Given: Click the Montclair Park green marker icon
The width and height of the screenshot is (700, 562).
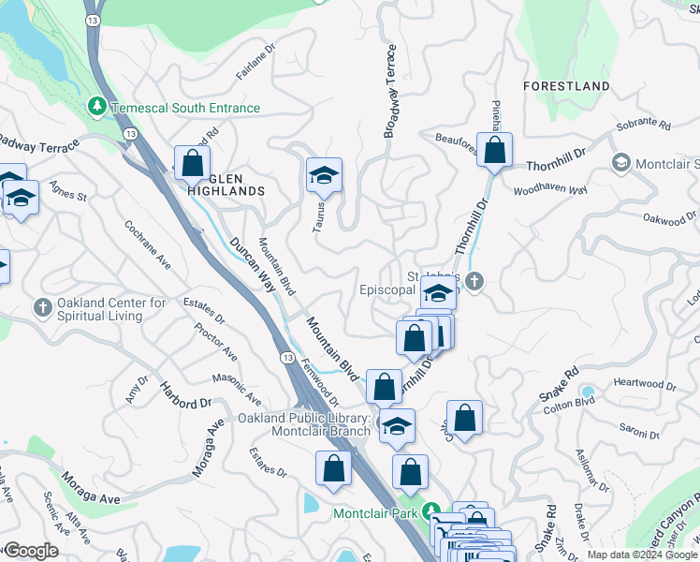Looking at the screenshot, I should coord(431,512).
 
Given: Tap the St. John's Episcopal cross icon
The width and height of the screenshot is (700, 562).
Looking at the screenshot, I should coord(474,281).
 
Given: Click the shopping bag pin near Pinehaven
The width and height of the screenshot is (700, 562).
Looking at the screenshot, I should coord(494,150).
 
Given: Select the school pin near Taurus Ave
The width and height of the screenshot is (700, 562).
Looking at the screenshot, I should coord(324,175).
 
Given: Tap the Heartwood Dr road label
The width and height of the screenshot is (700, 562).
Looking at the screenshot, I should coord(644,384).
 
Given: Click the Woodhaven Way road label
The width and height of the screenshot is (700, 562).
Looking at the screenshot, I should coord(550,189).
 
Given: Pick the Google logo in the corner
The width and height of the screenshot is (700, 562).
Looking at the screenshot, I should coord(30,551).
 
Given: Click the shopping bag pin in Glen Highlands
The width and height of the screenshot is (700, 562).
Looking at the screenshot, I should coord(192,164).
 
